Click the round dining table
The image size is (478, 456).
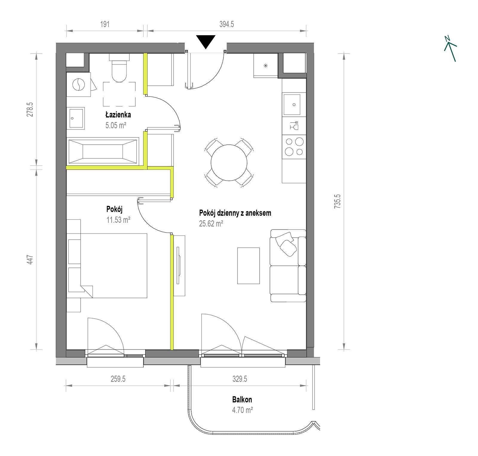(x=229, y=163)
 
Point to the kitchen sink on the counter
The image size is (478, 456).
(x=292, y=105)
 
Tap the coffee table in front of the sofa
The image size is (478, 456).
(x=249, y=265)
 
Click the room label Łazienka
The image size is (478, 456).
(x=118, y=114)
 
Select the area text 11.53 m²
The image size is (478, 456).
(x=118, y=220)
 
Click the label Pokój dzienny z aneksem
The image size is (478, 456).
(x=235, y=213)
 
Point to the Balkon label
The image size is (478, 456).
(x=242, y=400)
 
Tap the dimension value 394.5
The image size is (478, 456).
(x=227, y=24)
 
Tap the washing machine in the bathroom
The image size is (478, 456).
(x=79, y=85)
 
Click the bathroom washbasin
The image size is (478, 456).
(x=76, y=118)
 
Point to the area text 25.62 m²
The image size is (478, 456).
(x=211, y=224)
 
